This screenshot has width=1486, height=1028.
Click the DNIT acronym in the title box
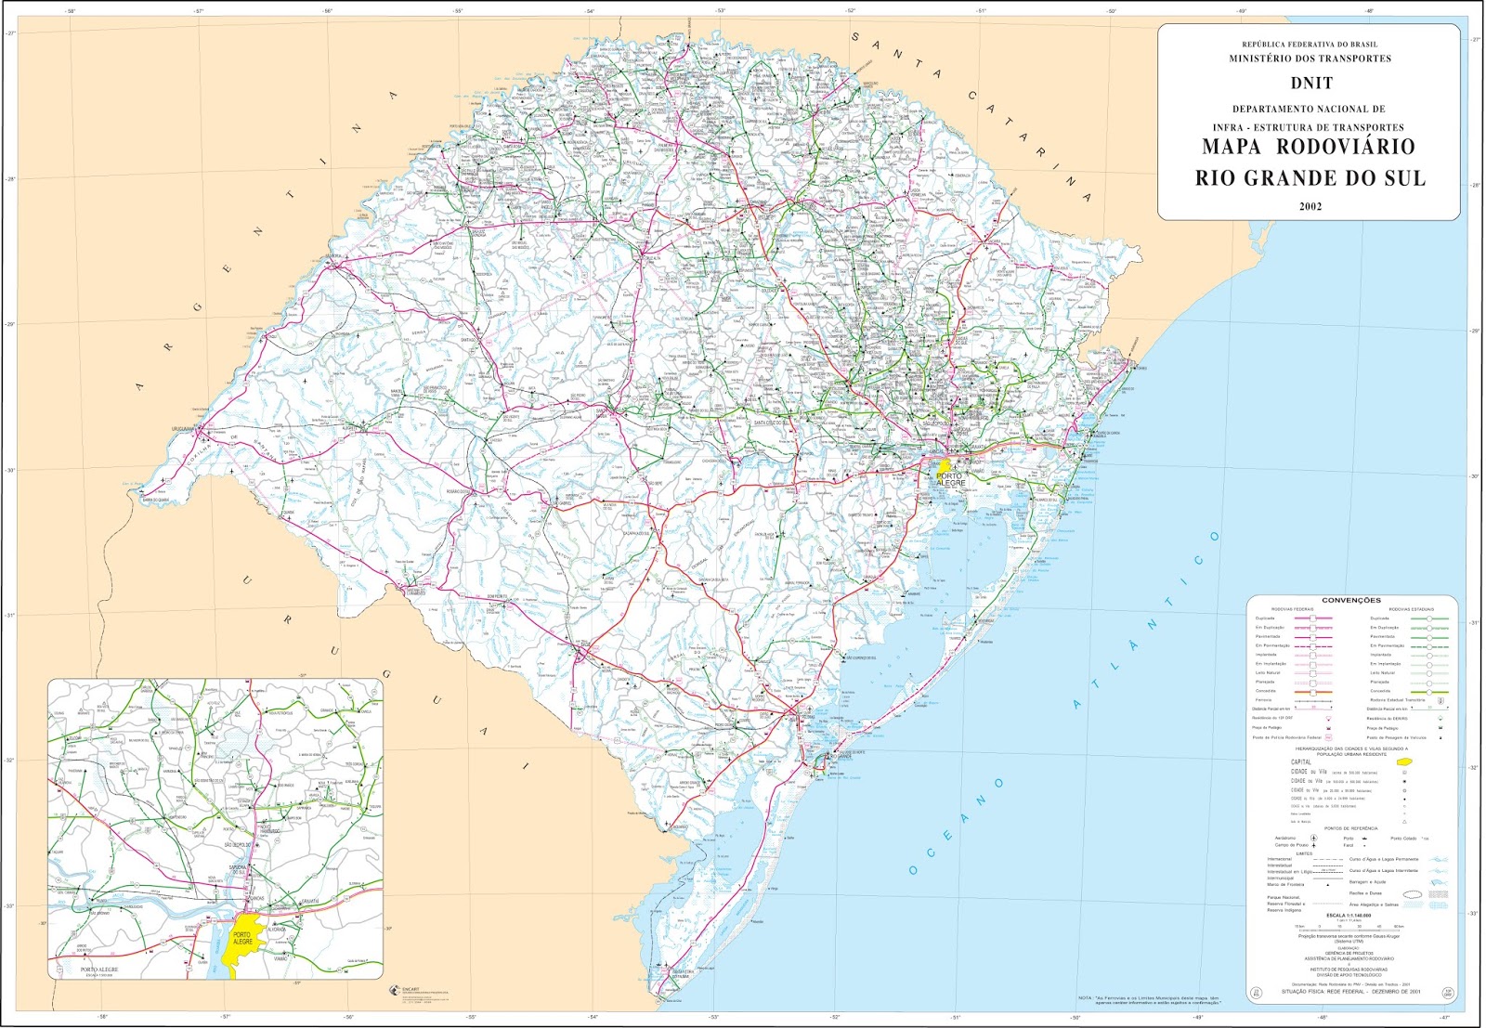click(x=1310, y=83)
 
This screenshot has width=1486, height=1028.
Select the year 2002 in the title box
click(x=1310, y=206)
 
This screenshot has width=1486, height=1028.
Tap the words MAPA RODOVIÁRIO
click(x=1309, y=147)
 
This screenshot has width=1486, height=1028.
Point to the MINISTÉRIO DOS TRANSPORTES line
click(x=1310, y=59)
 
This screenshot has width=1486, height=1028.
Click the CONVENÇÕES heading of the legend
click(x=1351, y=601)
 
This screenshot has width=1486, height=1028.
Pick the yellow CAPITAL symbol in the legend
click(x=1403, y=762)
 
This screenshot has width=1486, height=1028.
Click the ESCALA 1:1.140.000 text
click(x=1349, y=915)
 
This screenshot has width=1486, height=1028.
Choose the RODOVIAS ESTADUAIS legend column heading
click(x=1411, y=609)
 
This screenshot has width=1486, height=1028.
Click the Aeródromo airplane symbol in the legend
click(x=1313, y=839)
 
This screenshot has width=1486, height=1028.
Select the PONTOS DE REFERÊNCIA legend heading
click(x=1350, y=828)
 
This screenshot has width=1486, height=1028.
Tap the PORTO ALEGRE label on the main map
click(x=950, y=479)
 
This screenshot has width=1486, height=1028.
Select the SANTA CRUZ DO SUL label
click(x=772, y=422)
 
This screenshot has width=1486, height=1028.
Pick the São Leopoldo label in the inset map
click(x=240, y=845)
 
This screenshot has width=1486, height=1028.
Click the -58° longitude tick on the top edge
click(x=71, y=11)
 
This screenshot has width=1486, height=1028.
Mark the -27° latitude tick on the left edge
click(x=10, y=34)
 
